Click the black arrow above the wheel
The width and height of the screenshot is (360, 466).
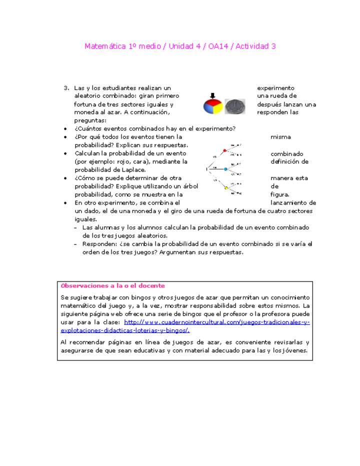[x=212, y=95]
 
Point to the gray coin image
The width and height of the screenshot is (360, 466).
[x=234, y=106]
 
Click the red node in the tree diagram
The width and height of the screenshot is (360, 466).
[x=224, y=150]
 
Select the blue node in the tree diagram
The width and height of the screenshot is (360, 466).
[x=225, y=169]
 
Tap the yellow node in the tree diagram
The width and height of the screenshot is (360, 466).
[x=226, y=188]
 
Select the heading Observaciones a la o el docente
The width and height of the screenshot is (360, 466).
[x=112, y=286]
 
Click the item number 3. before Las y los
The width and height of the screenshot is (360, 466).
[x=66, y=88]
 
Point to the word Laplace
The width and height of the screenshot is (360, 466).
[x=133, y=170]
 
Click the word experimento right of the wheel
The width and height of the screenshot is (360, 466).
[x=275, y=88]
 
